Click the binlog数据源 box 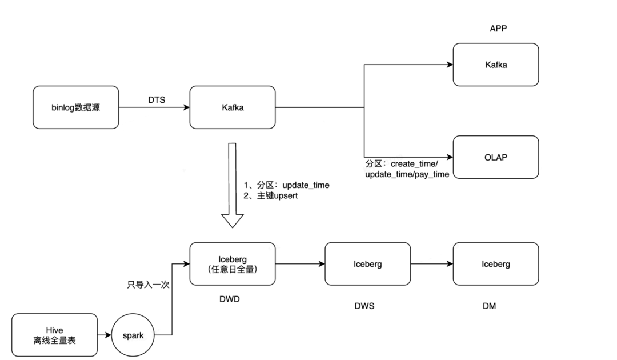click(x=76, y=107)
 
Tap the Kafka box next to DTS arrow click(x=233, y=107)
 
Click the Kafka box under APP click(x=495, y=65)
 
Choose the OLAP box click(x=495, y=157)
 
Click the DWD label click(x=231, y=299)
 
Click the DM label click(x=489, y=306)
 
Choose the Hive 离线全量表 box click(x=54, y=336)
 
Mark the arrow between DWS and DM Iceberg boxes click(x=431, y=265)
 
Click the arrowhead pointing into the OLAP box click(x=449, y=157)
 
